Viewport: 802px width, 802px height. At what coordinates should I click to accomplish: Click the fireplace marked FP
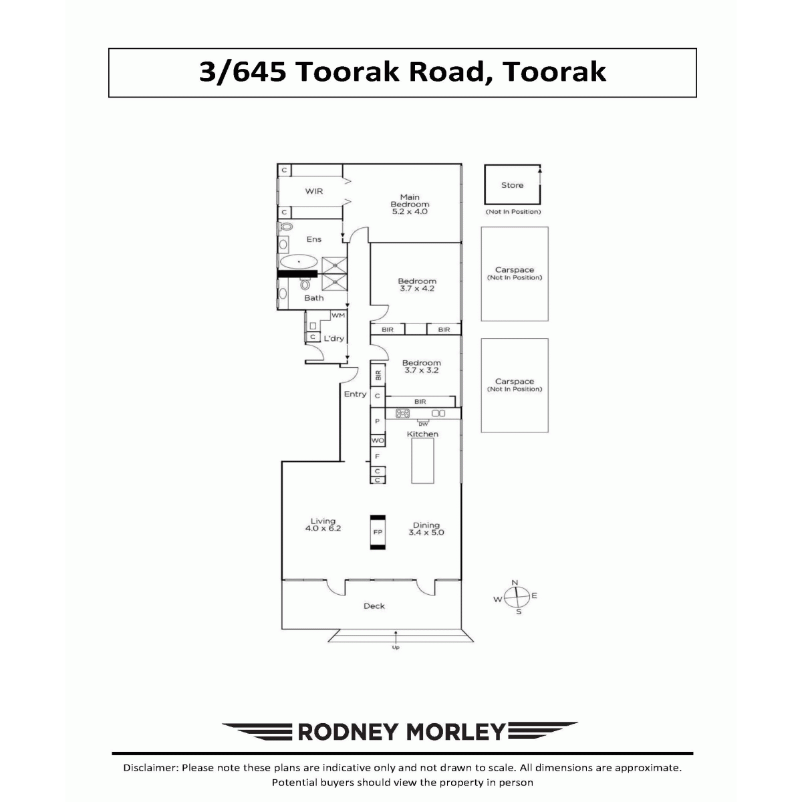(x=378, y=532)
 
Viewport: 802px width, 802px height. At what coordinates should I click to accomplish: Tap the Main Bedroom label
(x=410, y=200)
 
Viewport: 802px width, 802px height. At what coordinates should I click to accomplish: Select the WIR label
(x=314, y=191)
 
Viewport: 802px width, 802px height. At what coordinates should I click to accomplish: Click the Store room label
(x=512, y=185)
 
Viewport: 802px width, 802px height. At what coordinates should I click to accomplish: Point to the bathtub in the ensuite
(x=299, y=262)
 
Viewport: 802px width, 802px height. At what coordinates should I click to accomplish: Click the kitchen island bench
(x=422, y=460)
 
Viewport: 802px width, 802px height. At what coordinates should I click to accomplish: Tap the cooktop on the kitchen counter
(x=402, y=413)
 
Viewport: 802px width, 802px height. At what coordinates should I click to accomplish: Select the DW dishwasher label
(x=423, y=424)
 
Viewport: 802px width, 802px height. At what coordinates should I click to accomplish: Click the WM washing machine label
(x=338, y=315)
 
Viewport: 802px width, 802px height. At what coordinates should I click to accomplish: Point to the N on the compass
(x=515, y=583)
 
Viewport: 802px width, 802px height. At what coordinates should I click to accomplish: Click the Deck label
(x=374, y=606)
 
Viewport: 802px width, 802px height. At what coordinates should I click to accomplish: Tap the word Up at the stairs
(x=396, y=648)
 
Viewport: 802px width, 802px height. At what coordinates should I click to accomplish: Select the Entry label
(x=355, y=394)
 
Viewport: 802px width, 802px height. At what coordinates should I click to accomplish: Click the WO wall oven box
(x=378, y=440)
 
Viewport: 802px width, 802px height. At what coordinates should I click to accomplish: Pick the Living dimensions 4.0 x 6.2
(x=323, y=529)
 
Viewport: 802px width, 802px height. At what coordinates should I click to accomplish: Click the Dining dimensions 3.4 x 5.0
(x=426, y=532)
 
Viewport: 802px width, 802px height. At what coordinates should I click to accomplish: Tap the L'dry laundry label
(x=333, y=338)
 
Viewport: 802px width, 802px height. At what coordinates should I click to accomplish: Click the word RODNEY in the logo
(x=348, y=732)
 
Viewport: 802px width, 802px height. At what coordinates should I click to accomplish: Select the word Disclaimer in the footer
(x=151, y=768)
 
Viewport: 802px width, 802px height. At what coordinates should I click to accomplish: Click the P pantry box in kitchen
(x=378, y=421)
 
